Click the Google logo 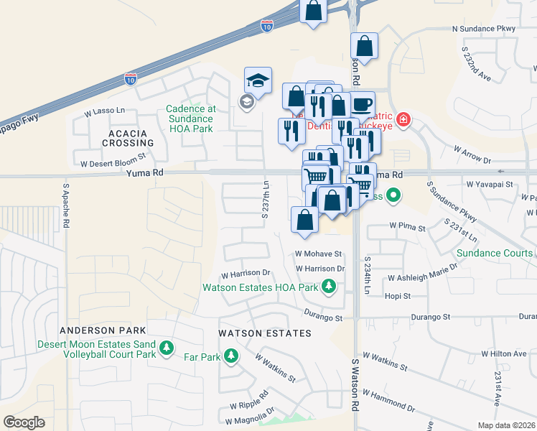(24, 422)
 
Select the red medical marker (403, 119)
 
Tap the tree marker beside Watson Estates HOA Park (329, 287)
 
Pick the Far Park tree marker (231, 355)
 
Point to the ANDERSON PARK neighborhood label (103, 330)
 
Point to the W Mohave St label (318, 254)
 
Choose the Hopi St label (397, 295)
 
